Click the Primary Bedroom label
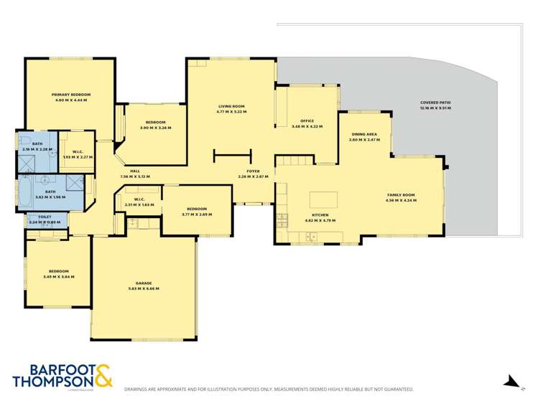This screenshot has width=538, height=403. pyautogui.click(x=70, y=95)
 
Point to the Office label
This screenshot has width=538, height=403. pyautogui.click(x=307, y=121)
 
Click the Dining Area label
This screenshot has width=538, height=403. pyautogui.click(x=364, y=134)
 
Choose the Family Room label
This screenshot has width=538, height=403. pyautogui.click(x=401, y=195)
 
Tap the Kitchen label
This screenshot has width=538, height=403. pyautogui.click(x=320, y=214)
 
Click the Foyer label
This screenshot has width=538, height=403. pyautogui.click(x=253, y=171)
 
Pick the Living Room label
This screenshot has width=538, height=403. pyautogui.click(x=232, y=107)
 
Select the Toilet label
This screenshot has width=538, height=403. pyautogui.click(x=45, y=217)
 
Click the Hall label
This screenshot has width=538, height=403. pyautogui.click(x=134, y=171)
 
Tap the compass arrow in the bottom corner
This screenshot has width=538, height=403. pyautogui.click(x=512, y=382)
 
